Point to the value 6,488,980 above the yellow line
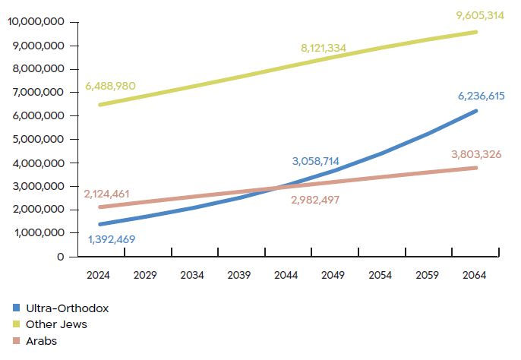click(x=111, y=86)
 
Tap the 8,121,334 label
click(x=324, y=48)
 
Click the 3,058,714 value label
click(x=316, y=161)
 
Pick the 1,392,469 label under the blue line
click(x=112, y=240)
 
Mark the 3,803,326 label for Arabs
click(x=475, y=154)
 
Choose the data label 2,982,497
click(x=315, y=200)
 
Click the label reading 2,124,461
click(x=108, y=194)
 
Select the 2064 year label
click(x=475, y=274)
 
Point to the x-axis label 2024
click(x=99, y=274)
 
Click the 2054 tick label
click(x=380, y=274)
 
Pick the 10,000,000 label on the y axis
click(x=36, y=21)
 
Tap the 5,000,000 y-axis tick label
click(x=39, y=139)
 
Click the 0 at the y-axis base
click(x=61, y=257)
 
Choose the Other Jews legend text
click(x=56, y=324)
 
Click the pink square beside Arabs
click(x=16, y=341)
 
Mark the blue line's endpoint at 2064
click(x=475, y=111)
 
